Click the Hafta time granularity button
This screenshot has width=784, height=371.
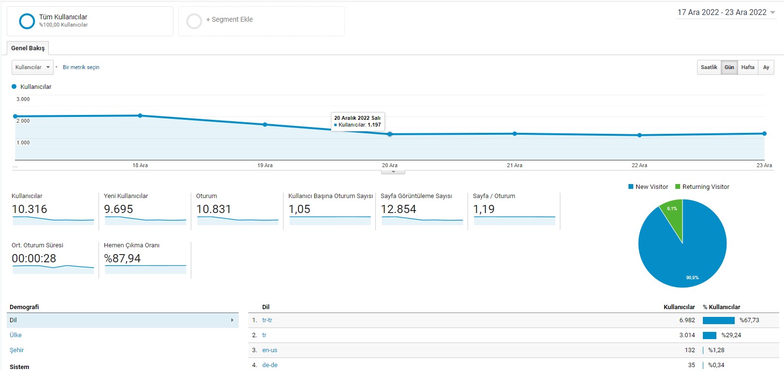coord(748,67)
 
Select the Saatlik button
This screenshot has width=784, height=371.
coord(709,67)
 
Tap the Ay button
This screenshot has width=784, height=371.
coord(766,67)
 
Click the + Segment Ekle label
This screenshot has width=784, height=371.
coord(229,20)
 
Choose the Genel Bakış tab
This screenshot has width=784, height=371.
coord(28,48)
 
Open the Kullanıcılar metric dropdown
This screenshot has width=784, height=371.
coord(32,67)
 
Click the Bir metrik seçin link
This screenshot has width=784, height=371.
coord(81,67)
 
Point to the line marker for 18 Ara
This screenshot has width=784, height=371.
coord(140,115)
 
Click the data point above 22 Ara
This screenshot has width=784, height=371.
coord(640,135)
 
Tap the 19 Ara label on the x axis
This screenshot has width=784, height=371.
coord(265,165)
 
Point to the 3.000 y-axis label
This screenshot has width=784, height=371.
coord(23,99)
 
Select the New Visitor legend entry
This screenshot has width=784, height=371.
coord(648,187)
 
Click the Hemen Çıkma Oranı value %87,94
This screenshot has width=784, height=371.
coord(122,258)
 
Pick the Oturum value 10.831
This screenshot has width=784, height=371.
coord(214,209)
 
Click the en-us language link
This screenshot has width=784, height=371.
coord(270,350)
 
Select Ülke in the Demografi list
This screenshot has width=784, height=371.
coord(16,335)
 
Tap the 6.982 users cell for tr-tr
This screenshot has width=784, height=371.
coord(687,320)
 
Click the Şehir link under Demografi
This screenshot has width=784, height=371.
coord(17,350)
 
